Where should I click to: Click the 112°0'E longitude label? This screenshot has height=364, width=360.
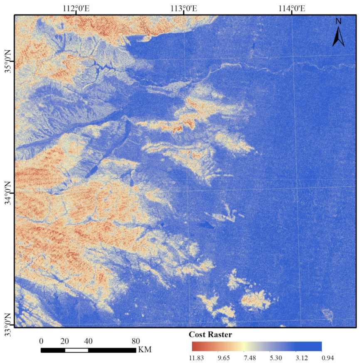point(76,8)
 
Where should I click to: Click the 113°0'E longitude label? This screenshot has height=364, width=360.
point(184,8)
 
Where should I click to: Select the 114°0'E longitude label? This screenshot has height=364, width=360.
point(291,8)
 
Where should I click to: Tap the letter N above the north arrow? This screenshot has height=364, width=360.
point(338,21)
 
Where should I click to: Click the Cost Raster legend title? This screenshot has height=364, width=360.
point(210,334)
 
